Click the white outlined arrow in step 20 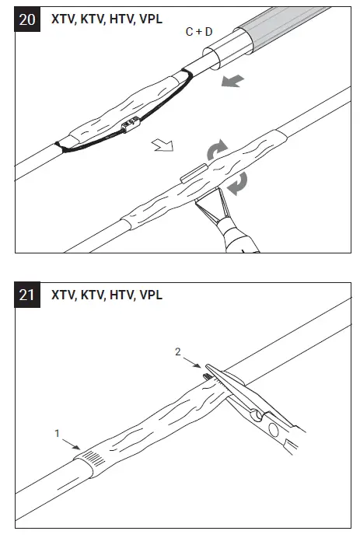click(164, 146)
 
